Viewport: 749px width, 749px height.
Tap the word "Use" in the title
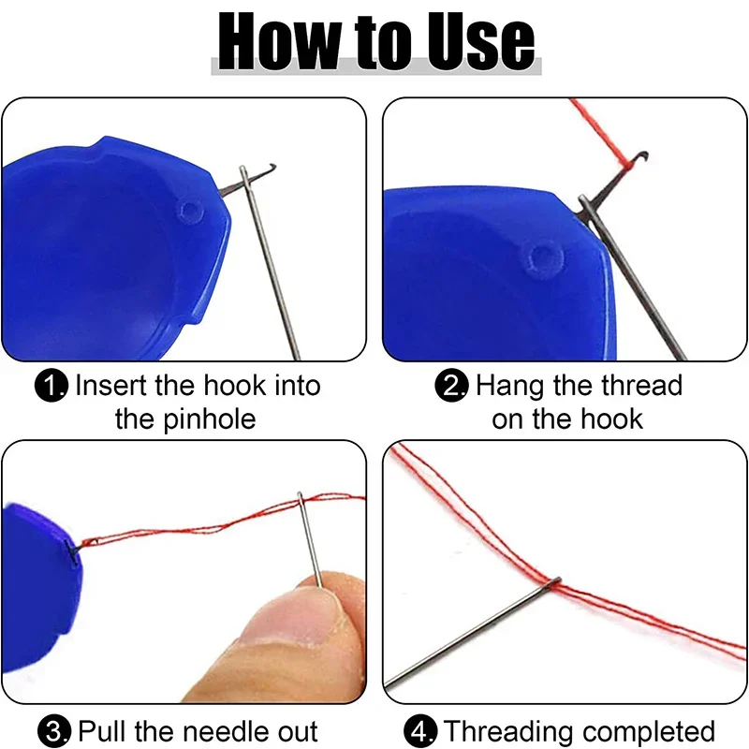(x=481, y=41)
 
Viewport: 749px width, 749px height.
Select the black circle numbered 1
(x=51, y=386)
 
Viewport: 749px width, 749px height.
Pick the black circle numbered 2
(x=451, y=386)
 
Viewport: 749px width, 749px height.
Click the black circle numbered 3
(x=54, y=731)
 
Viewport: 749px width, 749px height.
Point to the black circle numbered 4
(x=420, y=731)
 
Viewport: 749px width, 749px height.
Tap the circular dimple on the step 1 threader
(x=191, y=212)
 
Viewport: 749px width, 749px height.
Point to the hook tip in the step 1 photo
(x=272, y=167)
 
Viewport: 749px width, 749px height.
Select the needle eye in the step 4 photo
(x=554, y=581)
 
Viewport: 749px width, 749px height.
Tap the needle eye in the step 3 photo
(x=301, y=499)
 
